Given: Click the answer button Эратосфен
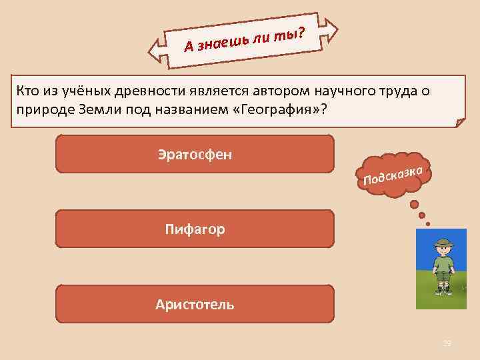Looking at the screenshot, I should tap(195, 154).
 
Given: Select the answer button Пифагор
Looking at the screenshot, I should tap(195, 229).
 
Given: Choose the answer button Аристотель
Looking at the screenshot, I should tap(195, 305).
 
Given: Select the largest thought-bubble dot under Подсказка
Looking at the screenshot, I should tap(414, 204).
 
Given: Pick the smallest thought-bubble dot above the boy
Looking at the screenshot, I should tap(428, 223).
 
